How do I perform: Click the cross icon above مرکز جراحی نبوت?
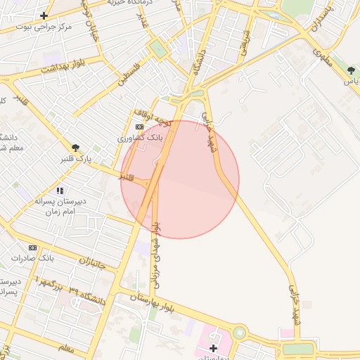coord(44,15)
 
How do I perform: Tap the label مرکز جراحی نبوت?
coord(46,26)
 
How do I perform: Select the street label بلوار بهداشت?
coord(62,67)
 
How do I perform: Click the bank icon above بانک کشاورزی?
coord(139,127)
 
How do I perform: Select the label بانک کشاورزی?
coord(140,138)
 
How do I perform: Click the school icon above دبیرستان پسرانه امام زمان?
coord(60,190)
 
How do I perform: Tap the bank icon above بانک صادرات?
coord(32,247)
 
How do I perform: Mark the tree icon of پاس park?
coord(350,70)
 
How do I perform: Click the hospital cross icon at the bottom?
coord(213,348)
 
